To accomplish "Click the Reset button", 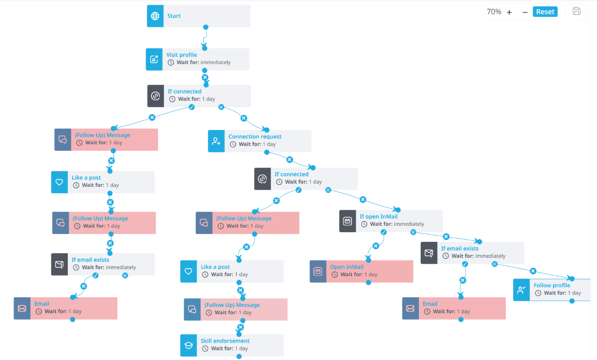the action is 545,12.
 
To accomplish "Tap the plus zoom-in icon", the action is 509,12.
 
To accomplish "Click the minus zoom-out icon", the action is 525,12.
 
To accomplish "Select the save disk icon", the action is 576,11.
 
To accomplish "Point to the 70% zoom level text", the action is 494,12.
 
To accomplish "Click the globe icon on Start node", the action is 155,16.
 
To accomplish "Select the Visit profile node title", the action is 182,55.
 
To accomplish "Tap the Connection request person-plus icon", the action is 216,141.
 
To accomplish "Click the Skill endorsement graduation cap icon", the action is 189,345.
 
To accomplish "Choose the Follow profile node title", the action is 552,285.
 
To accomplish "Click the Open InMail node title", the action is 347,267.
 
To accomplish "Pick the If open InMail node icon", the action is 347,221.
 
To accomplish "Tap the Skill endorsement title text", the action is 225,340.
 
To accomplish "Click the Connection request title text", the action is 255,136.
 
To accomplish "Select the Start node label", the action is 174,16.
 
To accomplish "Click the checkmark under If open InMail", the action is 384,232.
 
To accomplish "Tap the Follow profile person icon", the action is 521,289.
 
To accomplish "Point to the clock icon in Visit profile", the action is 171,62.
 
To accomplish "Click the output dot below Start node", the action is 206,27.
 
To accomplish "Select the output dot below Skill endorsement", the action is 239,356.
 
